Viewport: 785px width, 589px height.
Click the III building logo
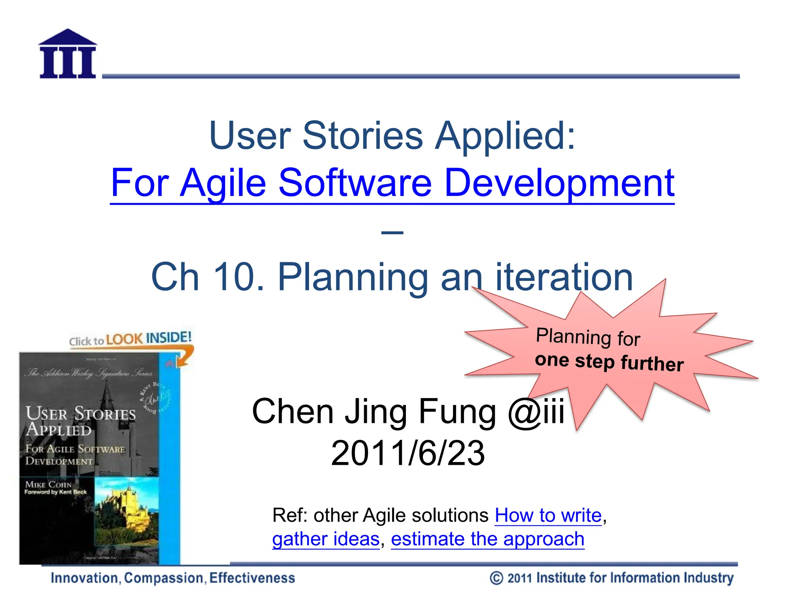pos(67,54)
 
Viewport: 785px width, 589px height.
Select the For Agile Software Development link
pos(392,183)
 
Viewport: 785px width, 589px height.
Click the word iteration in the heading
pos(564,277)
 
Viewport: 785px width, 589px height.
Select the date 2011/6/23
pos(408,453)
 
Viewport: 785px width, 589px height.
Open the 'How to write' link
pos(548,515)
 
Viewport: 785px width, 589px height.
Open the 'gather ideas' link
pos(326,539)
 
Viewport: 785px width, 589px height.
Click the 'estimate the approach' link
pos(488,539)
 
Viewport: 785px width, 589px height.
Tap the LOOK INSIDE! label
pos(149,339)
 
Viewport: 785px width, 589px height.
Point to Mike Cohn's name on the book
pos(48,485)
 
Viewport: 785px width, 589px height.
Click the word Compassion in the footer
pos(164,578)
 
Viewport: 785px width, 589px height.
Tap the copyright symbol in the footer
pos(496,578)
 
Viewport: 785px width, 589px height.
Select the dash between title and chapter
pos(392,232)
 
